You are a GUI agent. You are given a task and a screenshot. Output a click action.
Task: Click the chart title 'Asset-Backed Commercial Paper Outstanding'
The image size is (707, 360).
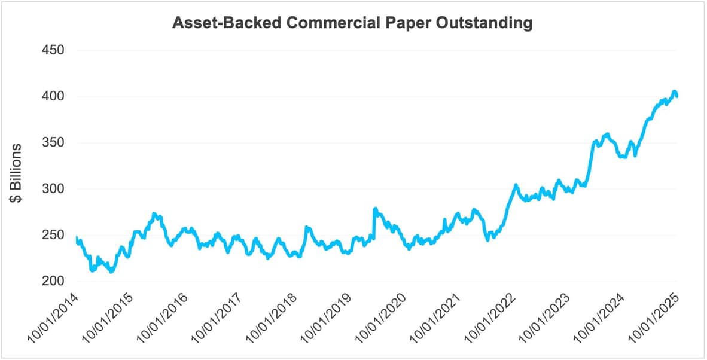352,23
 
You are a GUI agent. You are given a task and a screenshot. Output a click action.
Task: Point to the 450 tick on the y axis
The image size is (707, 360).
53,50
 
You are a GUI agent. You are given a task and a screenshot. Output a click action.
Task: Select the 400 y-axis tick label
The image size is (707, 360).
53,96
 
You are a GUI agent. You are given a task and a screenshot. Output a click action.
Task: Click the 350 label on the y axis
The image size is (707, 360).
53,143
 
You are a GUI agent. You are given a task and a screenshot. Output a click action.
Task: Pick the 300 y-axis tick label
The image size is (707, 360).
53,189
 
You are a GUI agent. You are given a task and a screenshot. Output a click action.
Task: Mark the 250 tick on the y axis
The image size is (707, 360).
53,236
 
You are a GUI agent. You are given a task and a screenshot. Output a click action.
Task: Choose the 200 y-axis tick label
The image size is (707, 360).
53,282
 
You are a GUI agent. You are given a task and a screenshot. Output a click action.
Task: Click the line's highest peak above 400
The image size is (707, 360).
674,91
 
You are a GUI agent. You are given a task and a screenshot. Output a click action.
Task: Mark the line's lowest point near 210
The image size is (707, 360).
111,272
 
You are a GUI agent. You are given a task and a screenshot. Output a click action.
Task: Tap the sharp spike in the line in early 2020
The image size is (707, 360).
375,209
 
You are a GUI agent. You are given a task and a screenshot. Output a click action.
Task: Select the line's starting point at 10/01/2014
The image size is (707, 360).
77,238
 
